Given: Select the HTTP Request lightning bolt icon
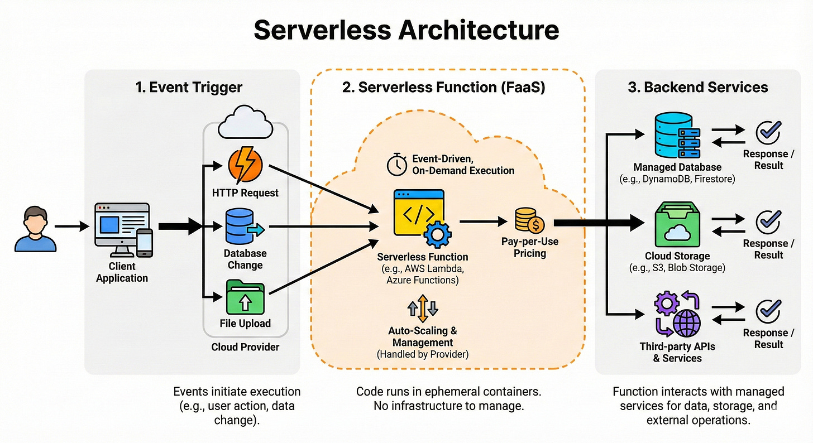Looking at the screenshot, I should tap(245, 165).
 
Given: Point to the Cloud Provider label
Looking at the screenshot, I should tap(245, 347).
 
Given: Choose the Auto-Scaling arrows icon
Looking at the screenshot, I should tap(422, 309).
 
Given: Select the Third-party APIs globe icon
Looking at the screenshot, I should tap(687, 322).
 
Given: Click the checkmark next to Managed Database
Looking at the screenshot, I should tap(768, 133).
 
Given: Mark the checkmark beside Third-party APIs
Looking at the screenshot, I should tap(768, 311).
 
